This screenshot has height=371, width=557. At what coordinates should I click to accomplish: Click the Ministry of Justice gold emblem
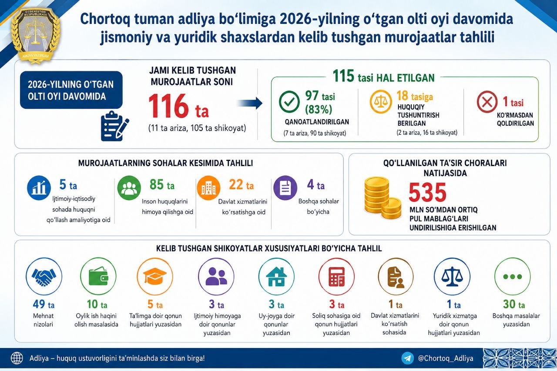35,35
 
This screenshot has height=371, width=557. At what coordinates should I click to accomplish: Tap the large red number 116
168,106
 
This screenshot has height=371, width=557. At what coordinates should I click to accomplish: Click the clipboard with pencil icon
115,126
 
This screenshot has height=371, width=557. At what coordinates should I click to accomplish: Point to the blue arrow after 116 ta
250,103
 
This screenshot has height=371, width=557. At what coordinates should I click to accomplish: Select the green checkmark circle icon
289,102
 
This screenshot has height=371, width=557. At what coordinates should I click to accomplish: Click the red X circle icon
487,102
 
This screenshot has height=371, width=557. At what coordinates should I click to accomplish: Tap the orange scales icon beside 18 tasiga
380,102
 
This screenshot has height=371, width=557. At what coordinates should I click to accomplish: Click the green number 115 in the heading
343,76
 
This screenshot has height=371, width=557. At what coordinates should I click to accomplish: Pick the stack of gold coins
383,197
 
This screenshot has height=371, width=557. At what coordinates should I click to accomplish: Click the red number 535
427,192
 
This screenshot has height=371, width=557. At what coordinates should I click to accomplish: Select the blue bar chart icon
39,188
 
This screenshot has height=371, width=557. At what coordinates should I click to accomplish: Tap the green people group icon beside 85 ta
129,188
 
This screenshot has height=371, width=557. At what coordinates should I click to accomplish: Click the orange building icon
208,188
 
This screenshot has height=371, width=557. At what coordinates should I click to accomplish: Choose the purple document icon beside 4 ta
285,188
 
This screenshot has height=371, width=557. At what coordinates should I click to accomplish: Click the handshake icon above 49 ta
44,276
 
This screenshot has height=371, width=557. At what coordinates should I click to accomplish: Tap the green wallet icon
98,276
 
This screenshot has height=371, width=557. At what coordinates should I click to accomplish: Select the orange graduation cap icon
155,276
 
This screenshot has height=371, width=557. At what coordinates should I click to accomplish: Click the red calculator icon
336,276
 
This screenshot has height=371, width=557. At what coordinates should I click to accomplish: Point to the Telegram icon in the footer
407,358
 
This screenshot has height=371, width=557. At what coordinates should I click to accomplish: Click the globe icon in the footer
17,358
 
